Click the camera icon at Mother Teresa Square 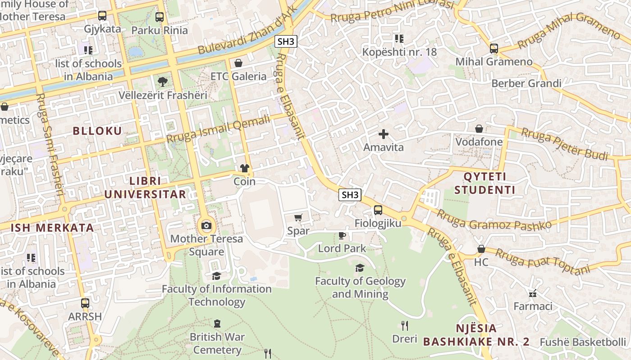click(206, 225)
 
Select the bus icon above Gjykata click(102, 16)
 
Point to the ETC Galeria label click(238, 76)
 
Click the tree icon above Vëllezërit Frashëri click(162, 82)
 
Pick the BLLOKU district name click(97, 131)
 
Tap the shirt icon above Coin click(245, 168)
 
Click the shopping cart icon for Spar click(298, 218)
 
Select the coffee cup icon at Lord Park click(342, 235)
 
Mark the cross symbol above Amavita click(384, 134)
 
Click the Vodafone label click(479, 142)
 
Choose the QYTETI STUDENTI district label click(485, 183)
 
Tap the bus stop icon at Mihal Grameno click(494, 48)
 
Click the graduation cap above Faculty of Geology click(360, 268)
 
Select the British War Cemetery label click(217, 343)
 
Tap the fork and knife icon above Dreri click(405, 325)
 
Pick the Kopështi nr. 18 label click(399, 52)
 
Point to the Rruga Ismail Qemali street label click(218, 129)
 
